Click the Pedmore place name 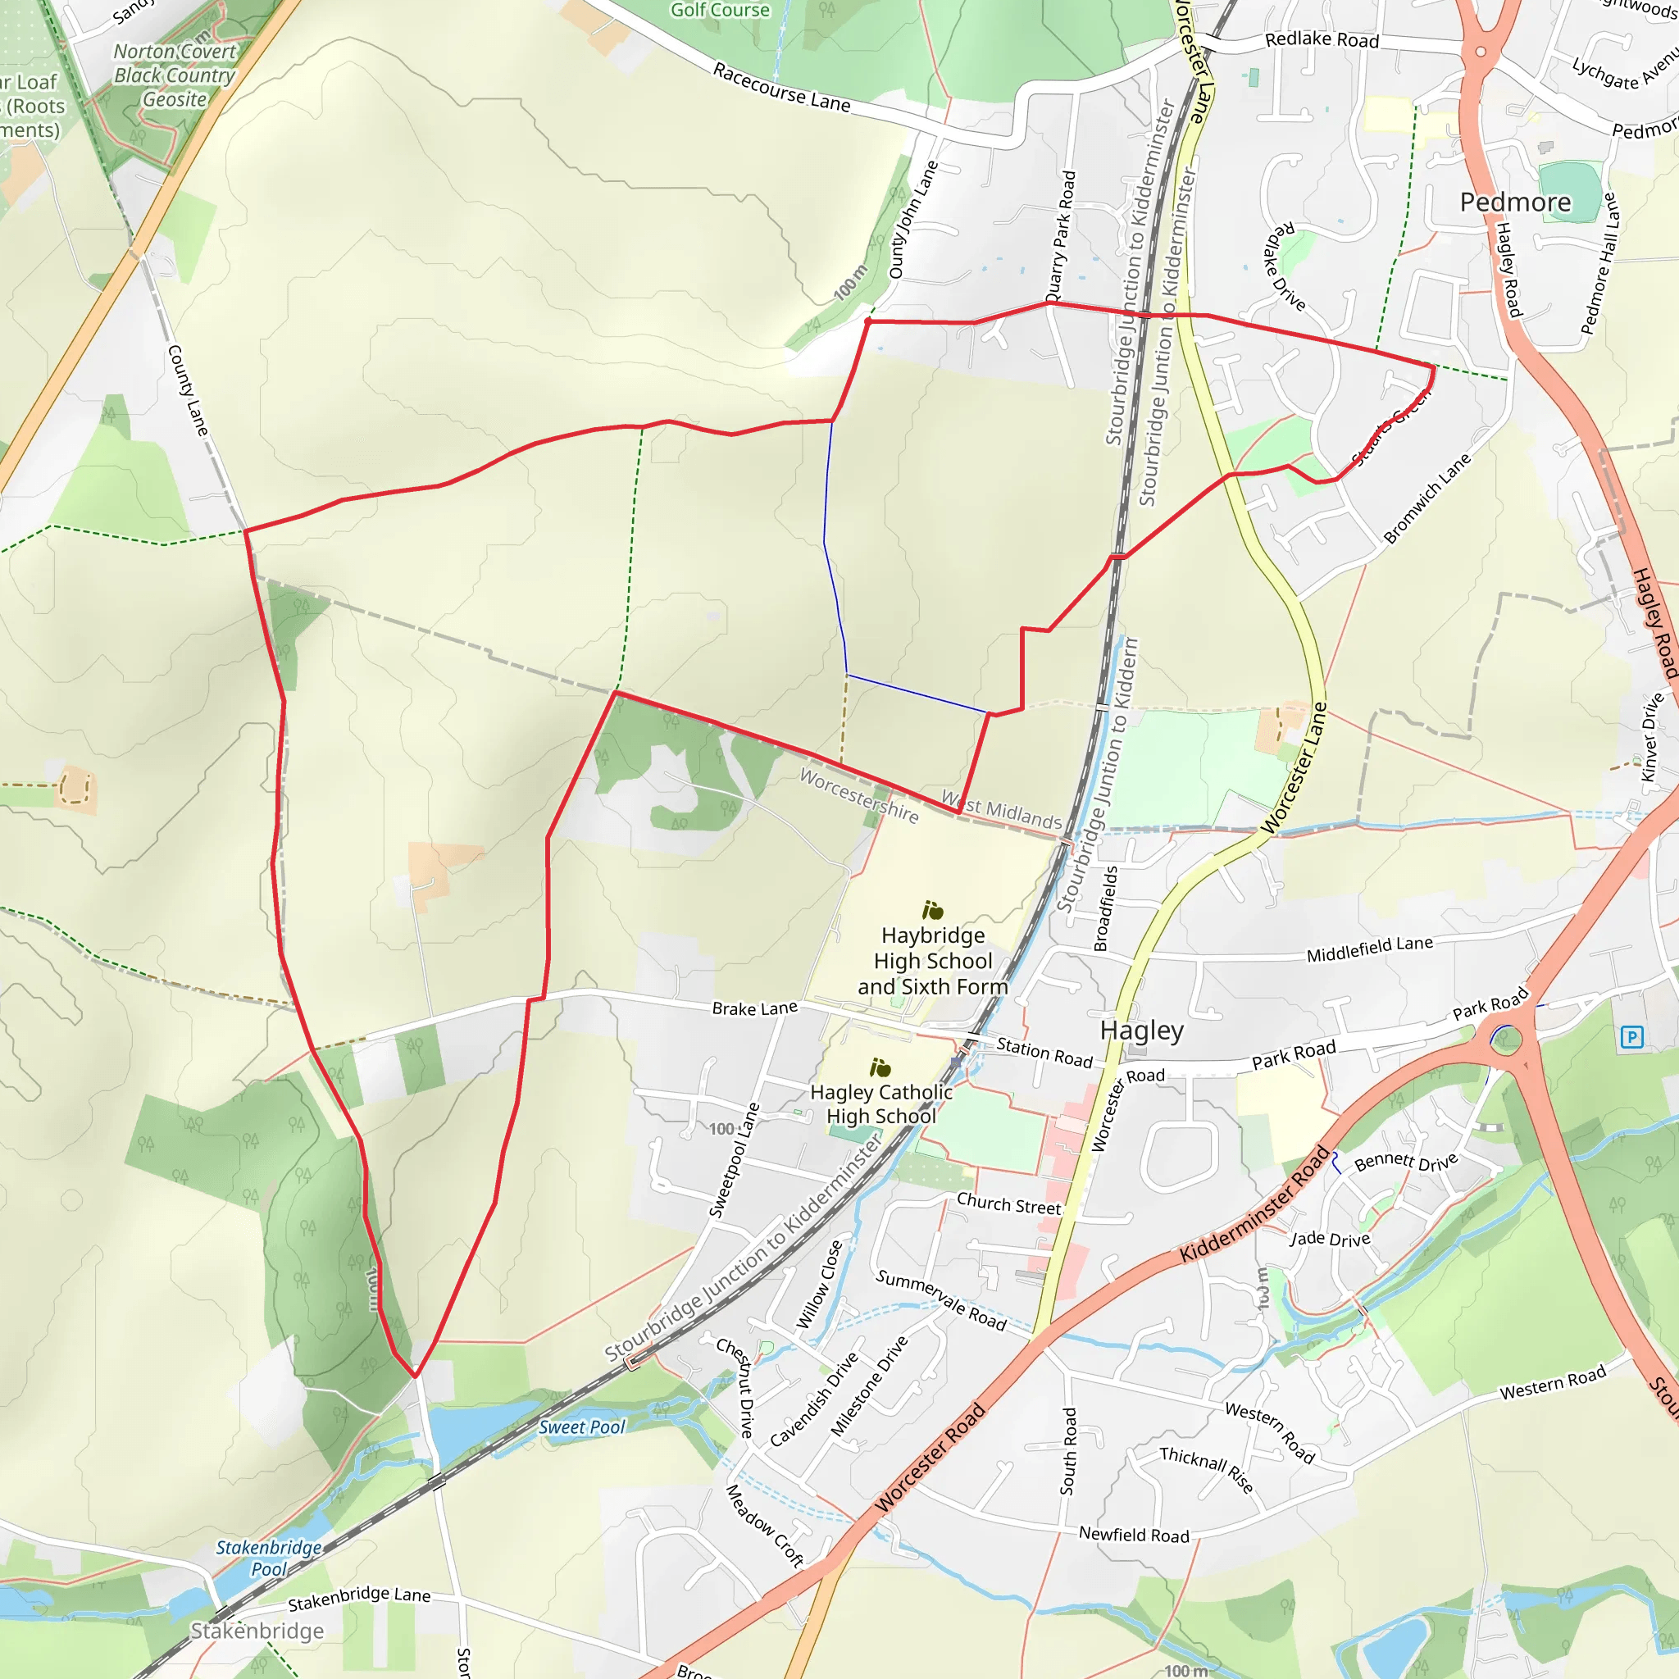point(1515,202)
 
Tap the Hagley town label point(1141,1031)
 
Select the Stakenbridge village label point(257,1631)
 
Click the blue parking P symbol point(1631,1037)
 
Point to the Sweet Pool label point(581,1427)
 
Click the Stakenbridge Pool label point(269,1558)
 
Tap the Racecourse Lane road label point(781,87)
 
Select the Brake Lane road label point(754,1008)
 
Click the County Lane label point(188,390)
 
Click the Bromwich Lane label point(1427,498)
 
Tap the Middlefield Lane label point(1370,949)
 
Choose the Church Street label point(1009,1204)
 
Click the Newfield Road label point(1133,1535)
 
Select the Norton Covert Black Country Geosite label point(175,75)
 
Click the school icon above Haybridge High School point(932,910)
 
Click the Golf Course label point(720,11)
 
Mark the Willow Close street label point(820,1284)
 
